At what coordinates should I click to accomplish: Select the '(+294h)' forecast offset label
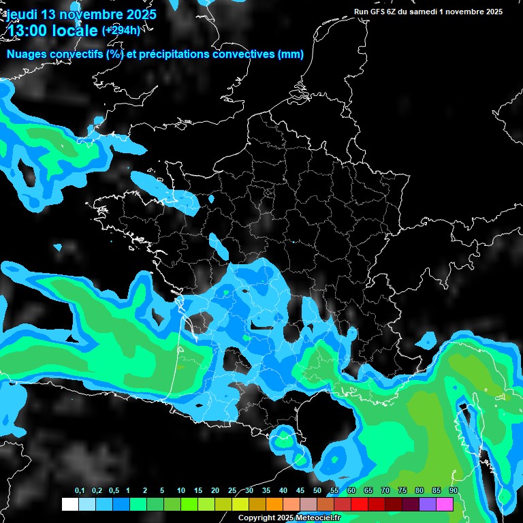click(x=121, y=30)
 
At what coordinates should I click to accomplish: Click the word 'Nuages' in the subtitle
click(x=27, y=54)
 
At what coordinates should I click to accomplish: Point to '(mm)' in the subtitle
click(x=291, y=54)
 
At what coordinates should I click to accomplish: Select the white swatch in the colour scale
click(x=70, y=504)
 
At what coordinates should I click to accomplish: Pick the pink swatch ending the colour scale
click(x=445, y=504)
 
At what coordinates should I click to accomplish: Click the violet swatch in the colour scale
click(x=428, y=504)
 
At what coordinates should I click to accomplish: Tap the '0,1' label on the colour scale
click(x=80, y=491)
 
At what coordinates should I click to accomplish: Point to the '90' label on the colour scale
click(x=454, y=491)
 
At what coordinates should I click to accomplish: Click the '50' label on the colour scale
click(x=317, y=491)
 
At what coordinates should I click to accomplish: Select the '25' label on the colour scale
click(x=232, y=491)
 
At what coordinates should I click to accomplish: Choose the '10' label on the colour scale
click(x=181, y=491)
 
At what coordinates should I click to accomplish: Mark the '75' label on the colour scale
click(x=402, y=491)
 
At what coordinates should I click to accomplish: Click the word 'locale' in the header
click(x=77, y=31)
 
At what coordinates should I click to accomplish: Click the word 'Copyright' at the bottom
click(x=255, y=518)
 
